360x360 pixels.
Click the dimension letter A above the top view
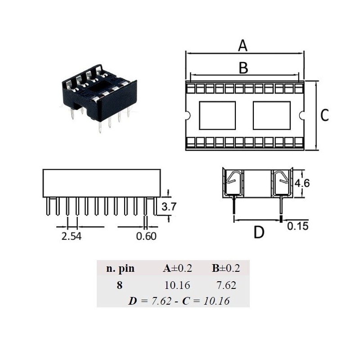tap(243, 45)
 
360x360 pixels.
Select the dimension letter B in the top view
tap(243, 68)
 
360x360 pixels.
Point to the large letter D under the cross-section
tap(259, 233)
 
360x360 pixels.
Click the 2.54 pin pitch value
tap(71, 236)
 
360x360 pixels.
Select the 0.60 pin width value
tap(146, 236)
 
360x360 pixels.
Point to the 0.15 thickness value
tap(298, 226)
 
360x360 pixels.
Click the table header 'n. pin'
tap(120, 269)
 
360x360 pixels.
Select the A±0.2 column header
tap(177, 269)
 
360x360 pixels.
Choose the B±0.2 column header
tap(226, 269)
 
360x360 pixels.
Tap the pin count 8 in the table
tap(119, 285)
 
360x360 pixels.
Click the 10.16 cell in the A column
tap(177, 285)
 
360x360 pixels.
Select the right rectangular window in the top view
tap(271, 115)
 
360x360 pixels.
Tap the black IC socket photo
tap(97, 94)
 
